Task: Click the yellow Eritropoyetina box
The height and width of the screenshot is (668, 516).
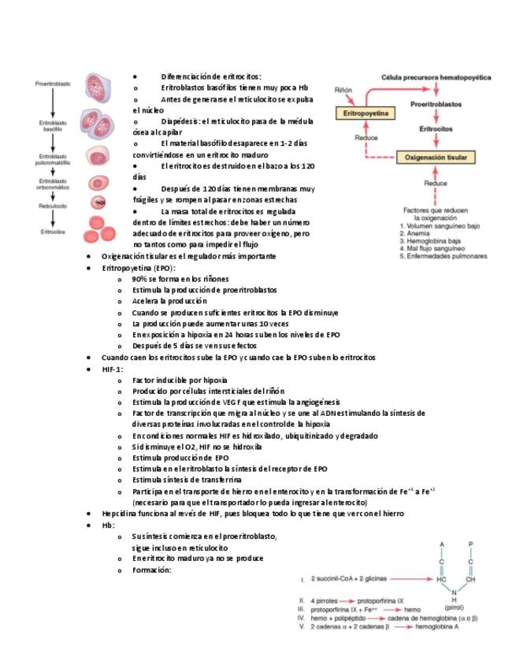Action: click(x=366, y=113)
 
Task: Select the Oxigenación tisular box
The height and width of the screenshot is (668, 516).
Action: click(x=436, y=158)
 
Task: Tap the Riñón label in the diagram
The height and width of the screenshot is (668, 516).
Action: click(x=343, y=90)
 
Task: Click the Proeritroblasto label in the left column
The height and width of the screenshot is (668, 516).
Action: click(x=53, y=84)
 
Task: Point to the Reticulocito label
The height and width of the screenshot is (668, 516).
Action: click(x=53, y=206)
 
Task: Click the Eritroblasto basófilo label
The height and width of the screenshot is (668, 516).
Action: click(x=53, y=126)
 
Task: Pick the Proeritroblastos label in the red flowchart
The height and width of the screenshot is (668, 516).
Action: click(x=436, y=104)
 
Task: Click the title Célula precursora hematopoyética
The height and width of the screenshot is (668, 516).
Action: click(x=436, y=77)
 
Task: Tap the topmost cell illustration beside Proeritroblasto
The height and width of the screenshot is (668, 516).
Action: click(x=98, y=87)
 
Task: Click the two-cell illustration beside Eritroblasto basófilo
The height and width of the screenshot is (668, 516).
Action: click(x=98, y=124)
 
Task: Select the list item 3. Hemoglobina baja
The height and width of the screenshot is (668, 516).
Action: click(x=430, y=241)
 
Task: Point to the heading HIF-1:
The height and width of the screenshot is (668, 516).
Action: click(x=113, y=369)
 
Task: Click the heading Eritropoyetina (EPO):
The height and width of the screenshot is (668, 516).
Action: click(x=139, y=268)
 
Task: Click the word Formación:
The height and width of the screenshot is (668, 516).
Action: click(x=152, y=570)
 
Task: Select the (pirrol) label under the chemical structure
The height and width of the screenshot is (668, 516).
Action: click(x=454, y=607)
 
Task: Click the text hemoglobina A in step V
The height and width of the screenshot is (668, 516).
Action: click(x=436, y=627)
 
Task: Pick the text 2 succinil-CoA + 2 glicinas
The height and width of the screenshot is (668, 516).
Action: click(x=348, y=578)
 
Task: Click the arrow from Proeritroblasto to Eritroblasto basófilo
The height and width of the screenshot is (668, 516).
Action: click(x=53, y=102)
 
